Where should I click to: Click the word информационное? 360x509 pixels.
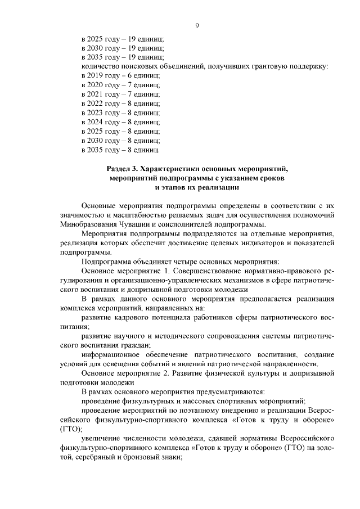[x=110, y=354]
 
